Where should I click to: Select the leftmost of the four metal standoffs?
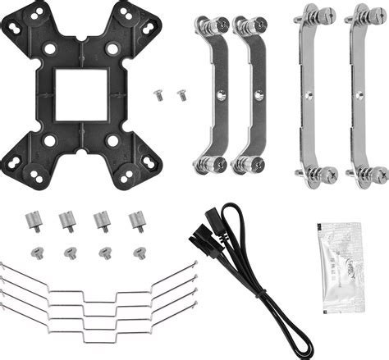click(34, 221)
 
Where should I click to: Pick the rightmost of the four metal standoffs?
click(137, 221)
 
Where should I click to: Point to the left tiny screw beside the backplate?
click(158, 96)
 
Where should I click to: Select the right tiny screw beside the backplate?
click(181, 96)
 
